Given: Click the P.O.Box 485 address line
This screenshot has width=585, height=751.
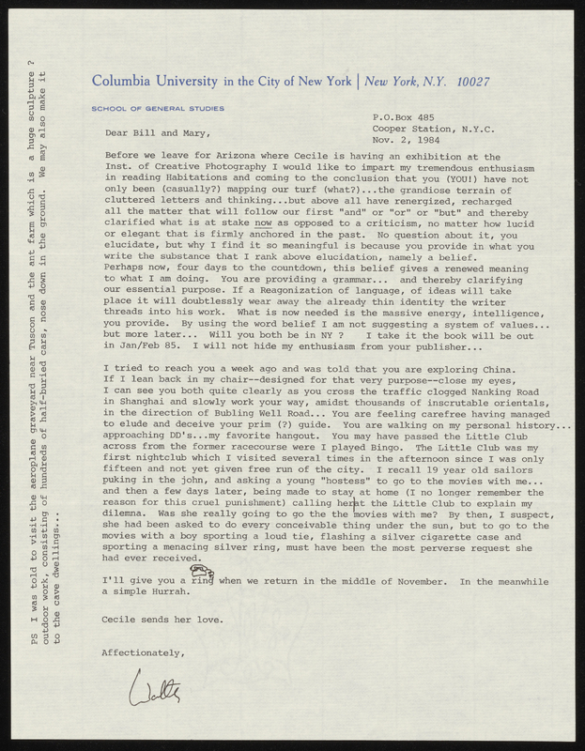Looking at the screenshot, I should coord(405,117).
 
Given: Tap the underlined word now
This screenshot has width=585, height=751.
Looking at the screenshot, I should coord(263,223).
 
